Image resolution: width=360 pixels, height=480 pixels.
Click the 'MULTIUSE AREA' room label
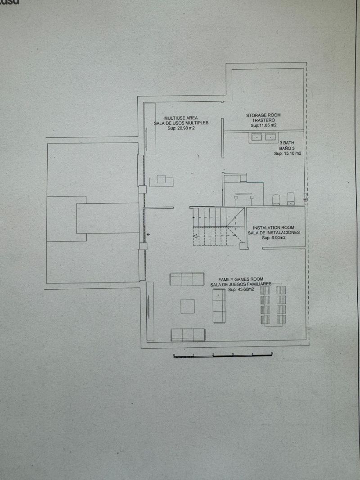[181, 118]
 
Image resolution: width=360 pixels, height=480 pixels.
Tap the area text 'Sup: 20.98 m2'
[181, 128]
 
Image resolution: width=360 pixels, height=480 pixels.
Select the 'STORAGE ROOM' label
[263, 115]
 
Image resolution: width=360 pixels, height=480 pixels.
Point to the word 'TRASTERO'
[263, 121]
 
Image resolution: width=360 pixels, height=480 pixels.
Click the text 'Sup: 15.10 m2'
[288, 153]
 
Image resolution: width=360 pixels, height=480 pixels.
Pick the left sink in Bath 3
[257, 138]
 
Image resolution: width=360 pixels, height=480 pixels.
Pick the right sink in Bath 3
[270, 138]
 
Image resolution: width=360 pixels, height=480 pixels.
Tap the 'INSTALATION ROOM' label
[274, 228]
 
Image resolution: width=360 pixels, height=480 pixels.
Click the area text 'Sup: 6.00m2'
[274, 238]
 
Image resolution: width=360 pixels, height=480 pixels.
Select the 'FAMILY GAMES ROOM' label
[241, 279]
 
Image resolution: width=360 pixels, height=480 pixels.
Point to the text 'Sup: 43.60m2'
[238, 289]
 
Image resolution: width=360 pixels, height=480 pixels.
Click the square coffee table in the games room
[188, 306]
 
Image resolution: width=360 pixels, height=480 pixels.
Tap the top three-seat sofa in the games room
[187, 279]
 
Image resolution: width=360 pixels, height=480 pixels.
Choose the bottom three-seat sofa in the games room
[188, 334]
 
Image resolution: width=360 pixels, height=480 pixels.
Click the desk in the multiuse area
[162, 181]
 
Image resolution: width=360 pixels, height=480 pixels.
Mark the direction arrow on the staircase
[196, 236]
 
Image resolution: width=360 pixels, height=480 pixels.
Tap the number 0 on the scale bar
[174, 355]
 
